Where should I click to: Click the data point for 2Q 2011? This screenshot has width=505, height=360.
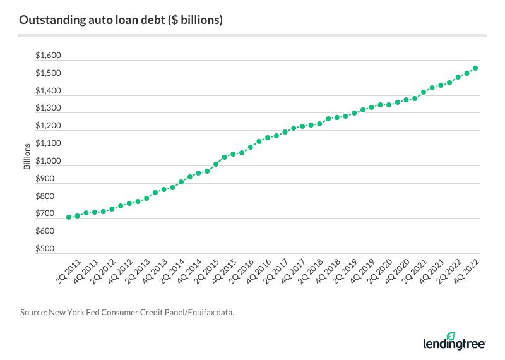pos(68,217)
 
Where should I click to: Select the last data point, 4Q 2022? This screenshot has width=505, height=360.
pos(475,68)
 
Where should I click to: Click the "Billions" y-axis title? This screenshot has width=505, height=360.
pos(27,157)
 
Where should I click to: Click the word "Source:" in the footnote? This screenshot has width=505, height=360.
pos(32,311)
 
